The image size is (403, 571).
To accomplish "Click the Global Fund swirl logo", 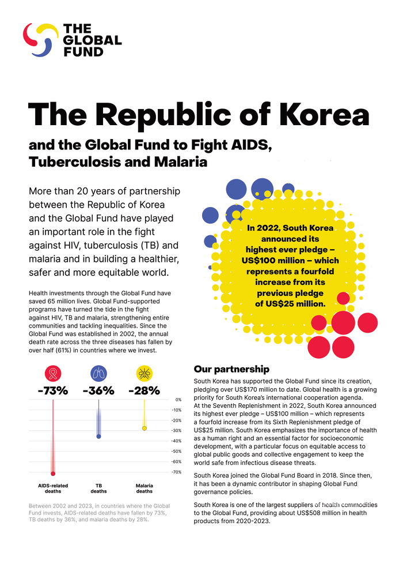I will [x=40, y=39].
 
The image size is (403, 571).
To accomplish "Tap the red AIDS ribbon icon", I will [x=53, y=373].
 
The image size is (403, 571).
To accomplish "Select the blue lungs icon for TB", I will [x=98, y=373].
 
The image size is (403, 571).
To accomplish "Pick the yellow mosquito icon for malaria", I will [x=144, y=373].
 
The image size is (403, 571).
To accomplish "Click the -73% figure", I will [x=53, y=390].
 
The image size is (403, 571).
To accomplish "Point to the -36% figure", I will [x=98, y=390].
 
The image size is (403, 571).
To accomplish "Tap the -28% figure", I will [x=144, y=390].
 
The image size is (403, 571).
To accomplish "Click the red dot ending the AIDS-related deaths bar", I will [x=53, y=474].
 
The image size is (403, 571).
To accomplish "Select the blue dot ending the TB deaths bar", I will [x=98, y=436].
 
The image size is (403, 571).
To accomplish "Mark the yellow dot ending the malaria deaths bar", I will [x=144, y=428].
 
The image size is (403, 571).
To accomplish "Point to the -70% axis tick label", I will [x=177, y=472].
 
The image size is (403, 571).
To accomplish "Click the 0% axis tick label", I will [x=178, y=400].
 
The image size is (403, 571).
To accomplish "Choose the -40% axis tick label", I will [x=177, y=441].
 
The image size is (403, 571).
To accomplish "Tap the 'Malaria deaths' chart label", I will [x=144, y=489].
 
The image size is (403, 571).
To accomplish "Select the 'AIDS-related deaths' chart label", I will [x=53, y=489].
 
